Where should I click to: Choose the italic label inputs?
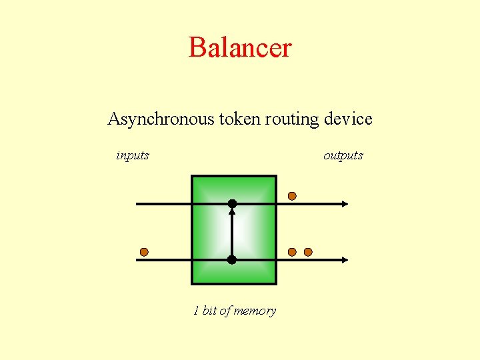pyautogui.click(x=133, y=155)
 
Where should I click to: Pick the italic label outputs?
pyautogui.click(x=343, y=155)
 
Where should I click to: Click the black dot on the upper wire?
pyautogui.click(x=232, y=203)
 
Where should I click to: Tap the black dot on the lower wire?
pyautogui.click(x=232, y=259)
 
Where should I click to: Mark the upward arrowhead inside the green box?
pyautogui.click(x=232, y=212)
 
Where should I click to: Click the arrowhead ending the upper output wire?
pyautogui.click(x=344, y=203)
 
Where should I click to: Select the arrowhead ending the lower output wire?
pyautogui.click(x=344, y=259)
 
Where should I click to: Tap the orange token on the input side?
pyautogui.click(x=144, y=252)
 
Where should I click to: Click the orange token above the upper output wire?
pyautogui.click(x=292, y=196)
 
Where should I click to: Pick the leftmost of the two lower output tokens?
pyautogui.click(x=292, y=252)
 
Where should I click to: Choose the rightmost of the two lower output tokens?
pyautogui.click(x=308, y=252)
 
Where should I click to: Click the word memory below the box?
pyautogui.click(x=254, y=311)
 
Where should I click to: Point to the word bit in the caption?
pyautogui.click(x=211, y=311)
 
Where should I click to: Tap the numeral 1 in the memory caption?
pyautogui.click(x=196, y=311)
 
